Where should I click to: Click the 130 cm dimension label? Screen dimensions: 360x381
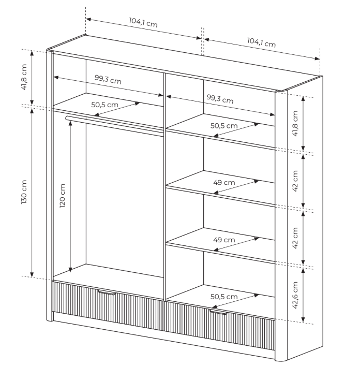(24, 192)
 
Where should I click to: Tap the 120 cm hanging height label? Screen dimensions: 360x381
(63, 196)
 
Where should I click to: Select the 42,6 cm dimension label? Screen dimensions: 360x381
(295, 295)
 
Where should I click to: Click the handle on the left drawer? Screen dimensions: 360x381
(107, 292)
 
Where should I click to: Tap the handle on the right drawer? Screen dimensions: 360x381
(218, 312)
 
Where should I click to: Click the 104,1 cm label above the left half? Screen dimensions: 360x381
(143, 22)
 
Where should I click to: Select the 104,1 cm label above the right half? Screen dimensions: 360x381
(261, 42)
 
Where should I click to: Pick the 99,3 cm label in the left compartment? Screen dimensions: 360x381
(108, 79)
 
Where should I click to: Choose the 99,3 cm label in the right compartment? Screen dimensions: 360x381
(220, 99)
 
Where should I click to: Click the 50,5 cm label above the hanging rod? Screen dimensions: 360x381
(104, 105)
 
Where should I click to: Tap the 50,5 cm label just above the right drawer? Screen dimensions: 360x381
(224, 297)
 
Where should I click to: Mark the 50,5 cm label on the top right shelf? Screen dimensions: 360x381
(224, 126)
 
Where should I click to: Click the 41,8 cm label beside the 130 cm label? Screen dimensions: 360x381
(24, 77)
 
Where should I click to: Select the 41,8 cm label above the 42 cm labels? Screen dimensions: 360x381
(295, 123)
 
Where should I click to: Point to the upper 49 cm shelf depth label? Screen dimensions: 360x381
(224, 183)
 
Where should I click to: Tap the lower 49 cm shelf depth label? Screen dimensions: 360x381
(224, 240)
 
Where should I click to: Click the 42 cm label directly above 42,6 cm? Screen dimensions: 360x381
(295, 238)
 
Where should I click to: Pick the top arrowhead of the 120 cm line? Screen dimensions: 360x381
(70, 123)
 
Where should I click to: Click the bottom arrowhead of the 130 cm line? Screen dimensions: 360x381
(32, 274)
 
